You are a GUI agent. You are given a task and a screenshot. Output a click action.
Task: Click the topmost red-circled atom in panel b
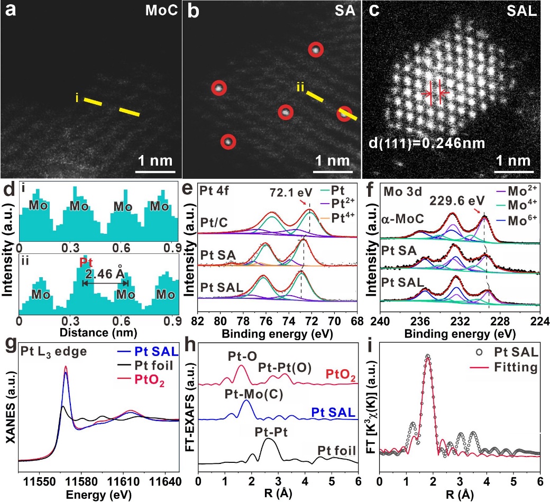coord(316,50)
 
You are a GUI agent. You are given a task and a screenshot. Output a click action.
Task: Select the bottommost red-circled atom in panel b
coord(228,141)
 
